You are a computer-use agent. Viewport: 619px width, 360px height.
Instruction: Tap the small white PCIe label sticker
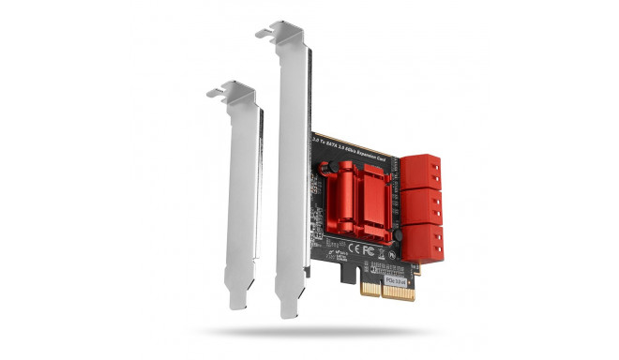(399, 277)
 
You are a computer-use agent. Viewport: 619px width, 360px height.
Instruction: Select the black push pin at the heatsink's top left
(326, 170)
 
